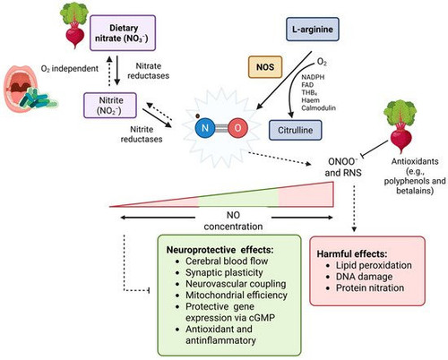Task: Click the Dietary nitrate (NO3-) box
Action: [123, 33]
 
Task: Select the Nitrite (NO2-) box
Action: [110, 106]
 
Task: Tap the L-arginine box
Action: [313, 30]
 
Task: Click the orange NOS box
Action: [265, 67]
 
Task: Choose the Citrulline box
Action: [296, 130]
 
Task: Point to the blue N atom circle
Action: [205, 128]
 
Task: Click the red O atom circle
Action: [237, 128]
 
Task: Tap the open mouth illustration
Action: [21, 89]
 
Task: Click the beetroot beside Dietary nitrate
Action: [74, 24]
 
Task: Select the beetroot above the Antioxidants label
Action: [401, 126]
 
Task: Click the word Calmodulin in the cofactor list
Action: [318, 108]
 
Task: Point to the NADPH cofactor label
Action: [313, 77]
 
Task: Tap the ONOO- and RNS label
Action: [343, 167]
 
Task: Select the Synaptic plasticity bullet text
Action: [224, 272]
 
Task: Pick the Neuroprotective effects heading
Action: [220, 250]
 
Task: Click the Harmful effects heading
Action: [352, 254]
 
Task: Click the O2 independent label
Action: [69, 69]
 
